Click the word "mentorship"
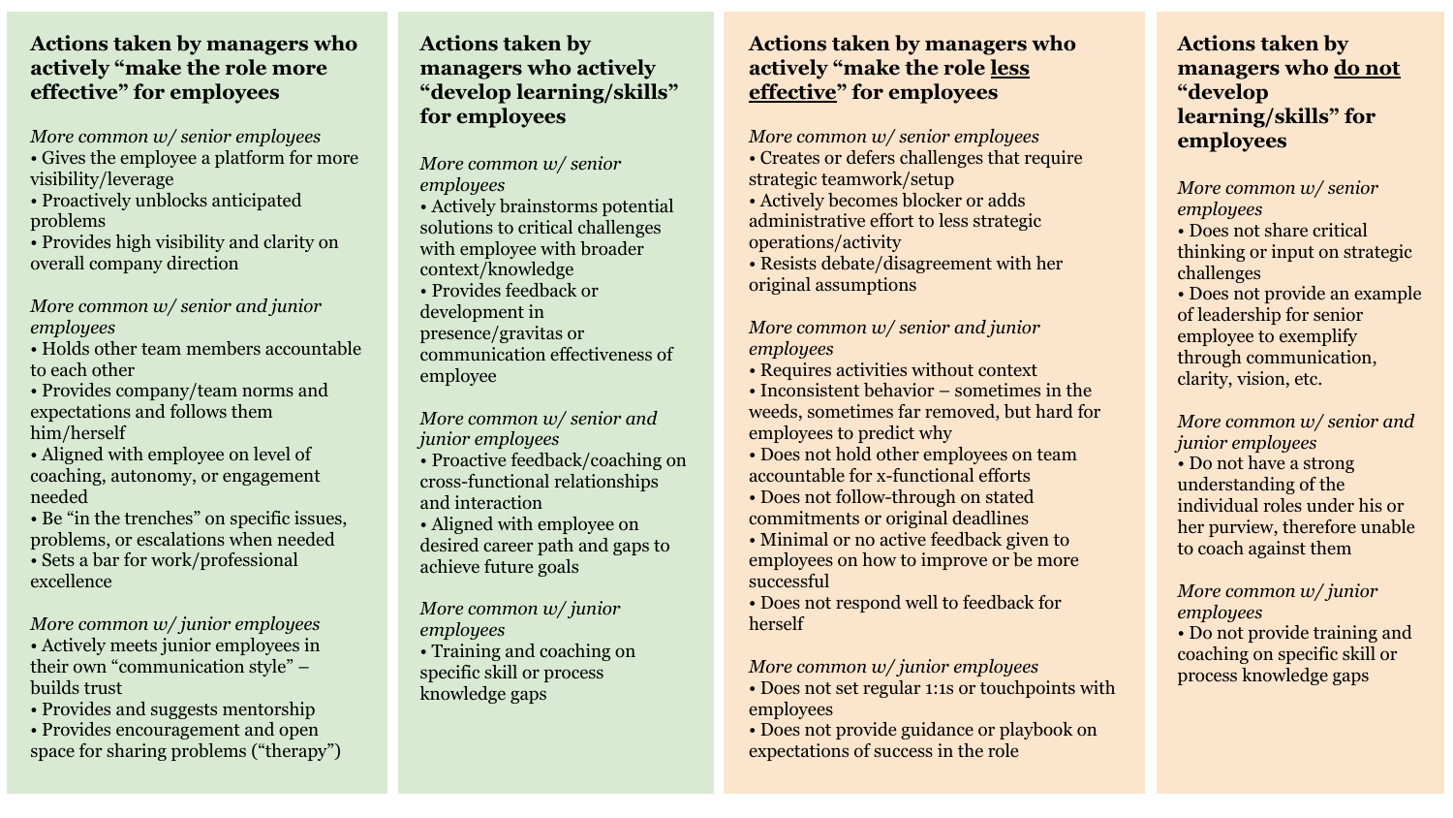point(268,709)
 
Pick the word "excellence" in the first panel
point(71,582)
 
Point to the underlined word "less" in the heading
point(1009,68)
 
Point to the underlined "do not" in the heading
point(1366,68)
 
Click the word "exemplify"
point(1314,336)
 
